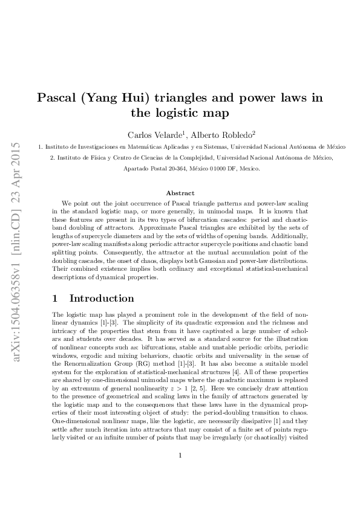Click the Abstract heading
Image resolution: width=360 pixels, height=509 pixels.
pos(180,193)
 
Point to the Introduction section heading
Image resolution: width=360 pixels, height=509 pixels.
pos(102,298)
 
